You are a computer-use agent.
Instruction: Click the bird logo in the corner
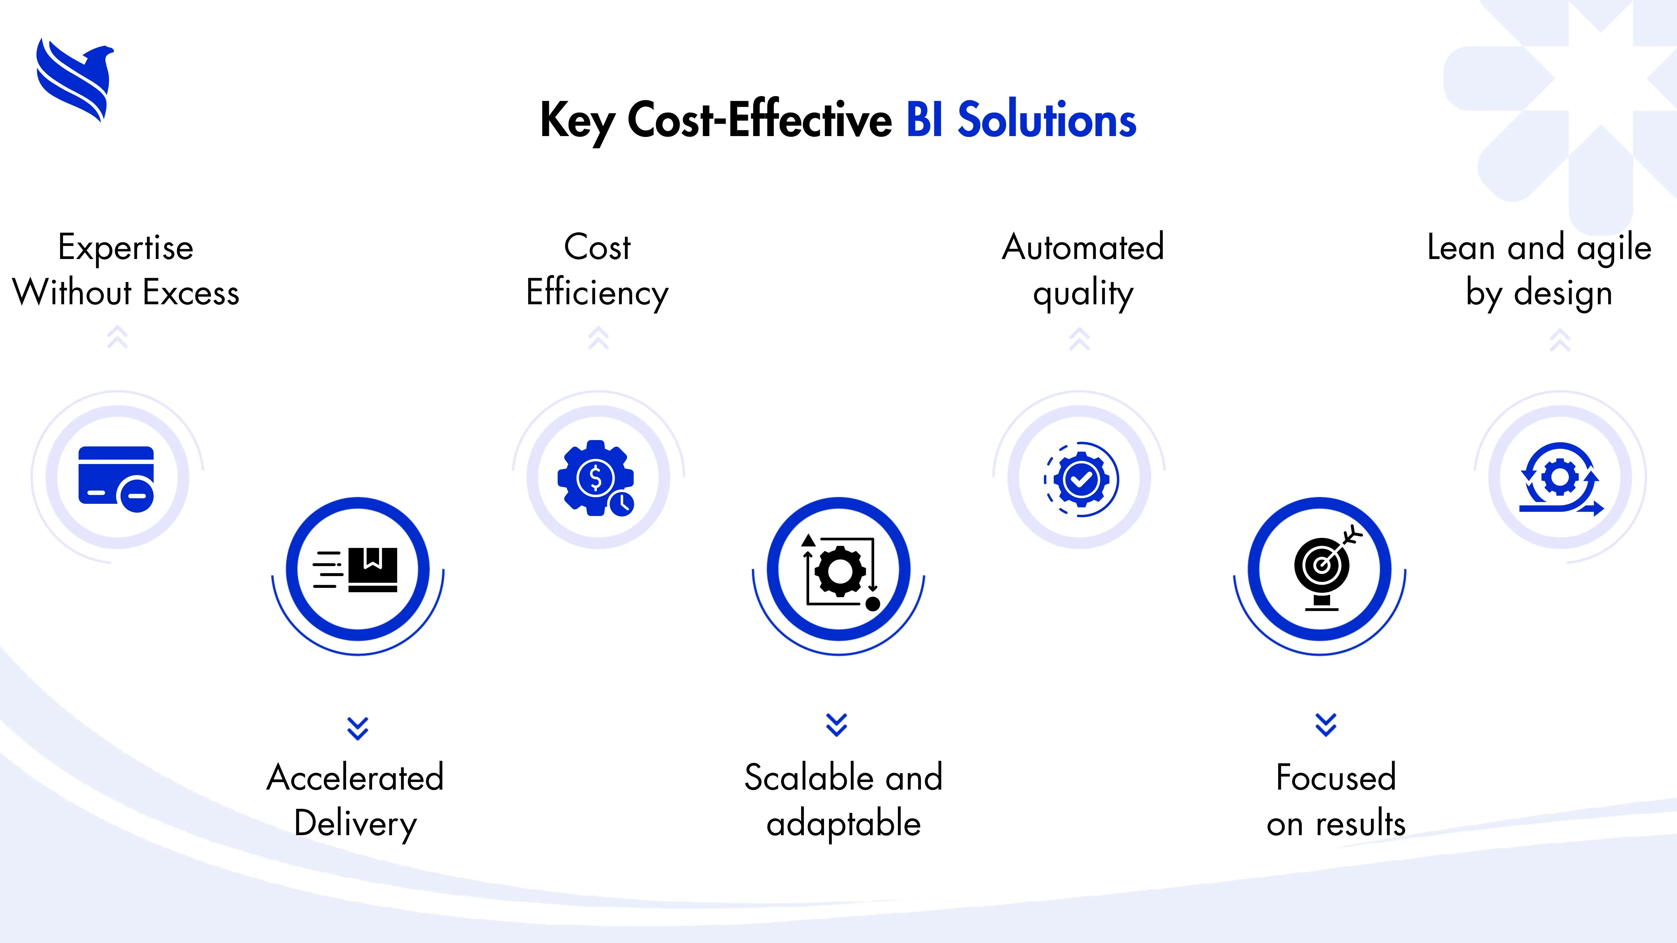pos(75,79)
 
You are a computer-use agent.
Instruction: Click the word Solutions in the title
pos(1047,120)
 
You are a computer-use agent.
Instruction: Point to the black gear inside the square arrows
pos(840,571)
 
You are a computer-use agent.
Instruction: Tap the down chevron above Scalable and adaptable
pos(837,724)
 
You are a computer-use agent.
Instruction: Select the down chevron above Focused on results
pos(1325,724)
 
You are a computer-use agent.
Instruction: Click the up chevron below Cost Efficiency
pos(598,338)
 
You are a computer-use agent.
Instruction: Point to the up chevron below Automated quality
pos(1079,338)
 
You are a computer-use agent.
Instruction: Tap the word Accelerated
pos(356,778)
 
